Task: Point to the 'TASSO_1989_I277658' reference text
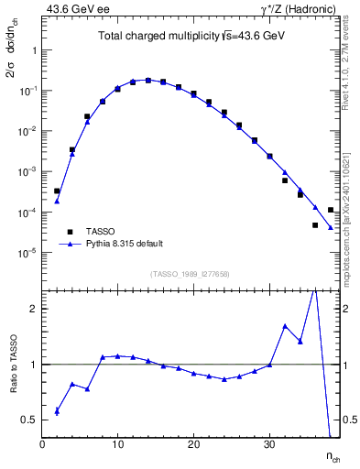click(189, 273)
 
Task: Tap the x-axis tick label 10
click(117, 444)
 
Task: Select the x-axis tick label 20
click(193, 444)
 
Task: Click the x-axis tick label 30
click(269, 444)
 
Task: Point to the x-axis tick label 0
click(42, 444)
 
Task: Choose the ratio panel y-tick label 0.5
click(27, 420)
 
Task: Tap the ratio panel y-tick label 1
click(31, 365)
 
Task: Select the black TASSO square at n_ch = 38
click(330, 210)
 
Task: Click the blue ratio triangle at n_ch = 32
click(285, 326)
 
